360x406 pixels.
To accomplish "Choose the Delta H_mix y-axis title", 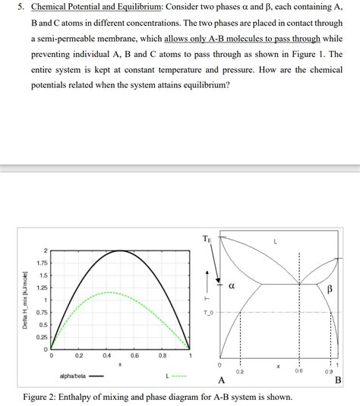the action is click(x=24, y=300).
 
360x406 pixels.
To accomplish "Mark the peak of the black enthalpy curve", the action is click(x=120, y=250).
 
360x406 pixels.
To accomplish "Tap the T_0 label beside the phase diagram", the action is click(x=208, y=312).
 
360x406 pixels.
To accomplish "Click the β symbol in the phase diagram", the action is click(x=331, y=289).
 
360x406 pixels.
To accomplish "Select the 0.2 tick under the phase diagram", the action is click(x=240, y=371).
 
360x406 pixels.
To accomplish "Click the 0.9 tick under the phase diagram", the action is click(x=328, y=371).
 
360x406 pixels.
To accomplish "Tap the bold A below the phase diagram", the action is click(x=221, y=380).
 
